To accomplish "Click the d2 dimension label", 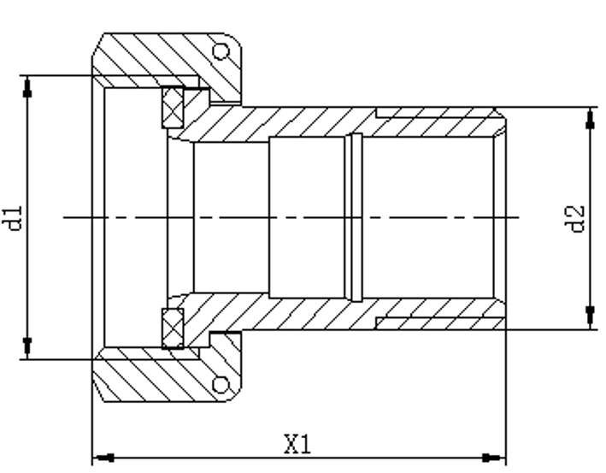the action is point(574,219).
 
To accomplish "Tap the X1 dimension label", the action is point(297,444).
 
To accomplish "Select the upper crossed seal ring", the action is point(173,107).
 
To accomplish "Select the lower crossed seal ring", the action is point(173,328).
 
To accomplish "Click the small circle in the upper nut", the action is point(221,51).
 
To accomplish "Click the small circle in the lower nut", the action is point(221,385).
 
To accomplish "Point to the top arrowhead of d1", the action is point(27,88).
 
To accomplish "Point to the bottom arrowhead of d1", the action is point(27,346).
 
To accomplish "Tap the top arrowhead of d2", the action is point(590,119).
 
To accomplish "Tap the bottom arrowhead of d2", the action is point(590,316).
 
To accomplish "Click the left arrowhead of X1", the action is point(104,458).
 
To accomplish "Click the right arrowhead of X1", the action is point(494,458).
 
